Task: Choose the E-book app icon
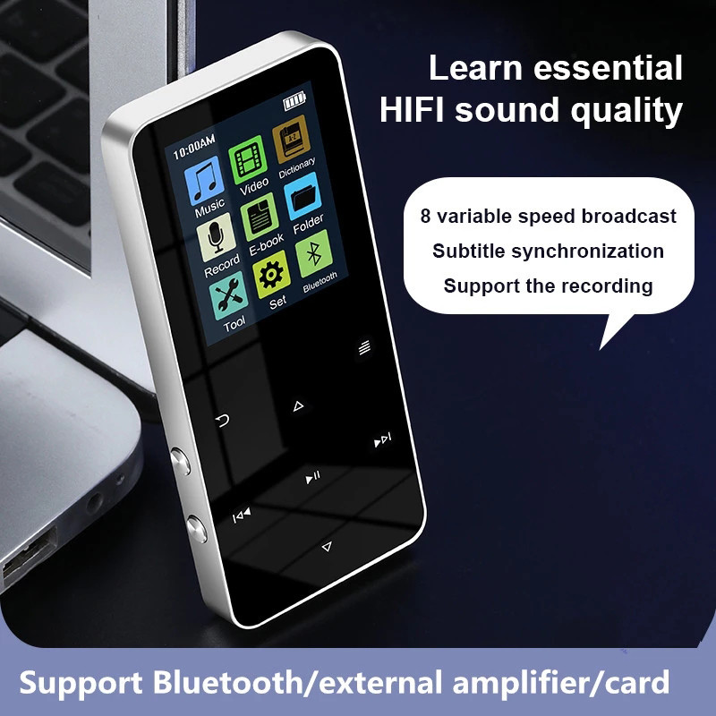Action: (x=260, y=215)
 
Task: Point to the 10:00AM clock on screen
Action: (x=192, y=141)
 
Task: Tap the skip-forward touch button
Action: (x=383, y=439)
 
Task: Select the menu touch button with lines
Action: (x=364, y=348)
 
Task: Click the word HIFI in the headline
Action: (x=413, y=112)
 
